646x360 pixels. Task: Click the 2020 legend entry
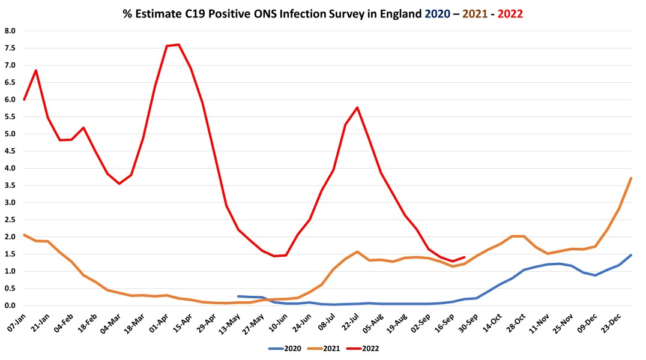click(284, 348)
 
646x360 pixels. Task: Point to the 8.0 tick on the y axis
click(10, 31)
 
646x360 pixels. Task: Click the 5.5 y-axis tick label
click(10, 116)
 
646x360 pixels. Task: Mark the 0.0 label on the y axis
click(10, 305)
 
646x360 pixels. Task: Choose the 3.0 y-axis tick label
click(10, 202)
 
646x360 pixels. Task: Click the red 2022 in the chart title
click(508, 13)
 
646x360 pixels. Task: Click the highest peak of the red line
click(179, 44)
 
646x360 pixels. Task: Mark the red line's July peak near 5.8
click(357, 107)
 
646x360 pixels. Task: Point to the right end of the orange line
click(632, 178)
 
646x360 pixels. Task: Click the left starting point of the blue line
click(238, 296)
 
